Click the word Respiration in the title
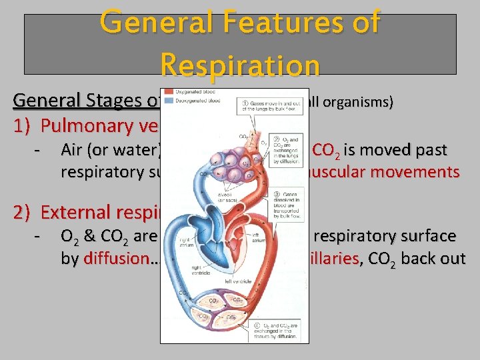[240, 65]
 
